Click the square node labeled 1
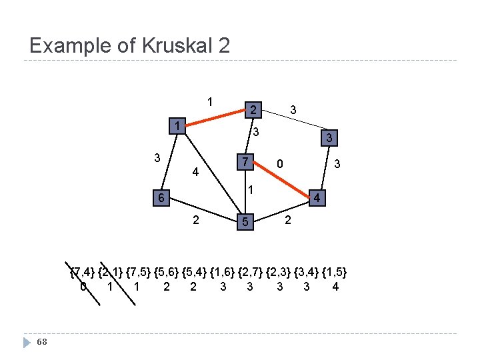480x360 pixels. point(176,126)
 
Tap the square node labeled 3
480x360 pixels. point(327,138)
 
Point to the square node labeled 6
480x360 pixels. point(159,198)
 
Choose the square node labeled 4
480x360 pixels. point(319,199)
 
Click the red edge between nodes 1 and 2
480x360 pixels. point(214,117)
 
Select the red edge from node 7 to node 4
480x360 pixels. point(282,181)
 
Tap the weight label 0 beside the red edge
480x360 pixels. point(281,163)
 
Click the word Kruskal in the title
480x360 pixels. point(173,46)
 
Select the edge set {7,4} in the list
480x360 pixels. point(83,272)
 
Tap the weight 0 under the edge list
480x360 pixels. point(83,287)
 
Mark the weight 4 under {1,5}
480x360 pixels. point(335,287)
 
